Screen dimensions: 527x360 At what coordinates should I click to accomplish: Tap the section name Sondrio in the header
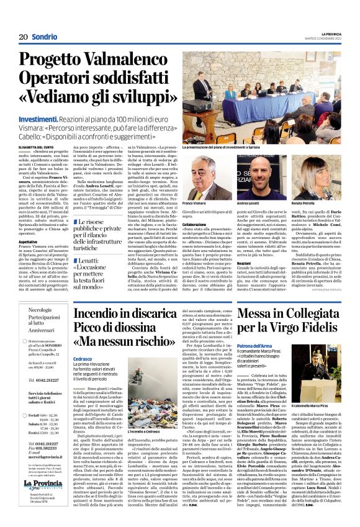pyautogui.click(x=43, y=37)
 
